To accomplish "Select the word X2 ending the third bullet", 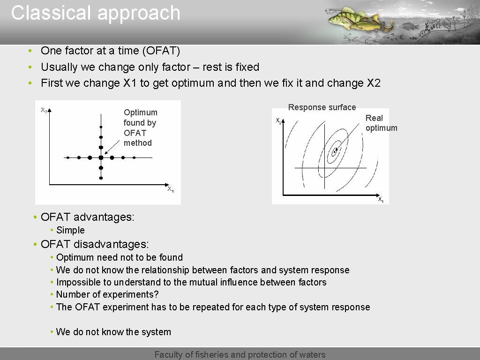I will click(373, 83).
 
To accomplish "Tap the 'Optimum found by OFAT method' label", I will click(140, 127).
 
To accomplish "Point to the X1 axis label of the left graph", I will click(171, 189).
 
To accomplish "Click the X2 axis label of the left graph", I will click(43, 110).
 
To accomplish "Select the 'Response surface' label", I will click(322, 107).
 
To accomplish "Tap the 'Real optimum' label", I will click(381, 123).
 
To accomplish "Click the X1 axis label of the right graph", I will click(381, 200).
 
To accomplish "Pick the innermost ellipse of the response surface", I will click(335, 151).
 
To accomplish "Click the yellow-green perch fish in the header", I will click(347, 19).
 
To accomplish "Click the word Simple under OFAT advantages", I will click(70, 230).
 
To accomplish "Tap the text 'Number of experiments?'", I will click(107, 294).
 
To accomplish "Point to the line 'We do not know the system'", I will click(113, 332).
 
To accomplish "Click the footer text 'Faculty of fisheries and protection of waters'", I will click(240, 354).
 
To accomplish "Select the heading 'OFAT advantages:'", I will click(87, 217).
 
